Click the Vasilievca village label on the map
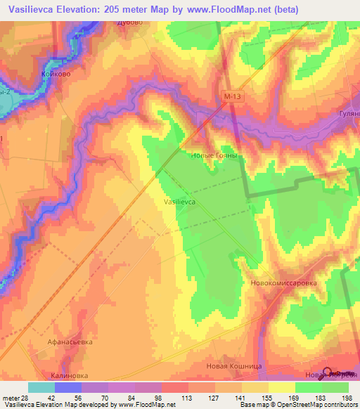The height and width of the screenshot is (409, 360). pos(179,201)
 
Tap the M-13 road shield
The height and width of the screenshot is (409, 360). pos(233,96)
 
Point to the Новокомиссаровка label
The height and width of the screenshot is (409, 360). pos(283,283)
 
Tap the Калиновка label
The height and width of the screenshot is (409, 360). pos(72,375)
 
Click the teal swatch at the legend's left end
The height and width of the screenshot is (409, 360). pos(41,387)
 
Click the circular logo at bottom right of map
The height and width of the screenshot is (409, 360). pos(328,373)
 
